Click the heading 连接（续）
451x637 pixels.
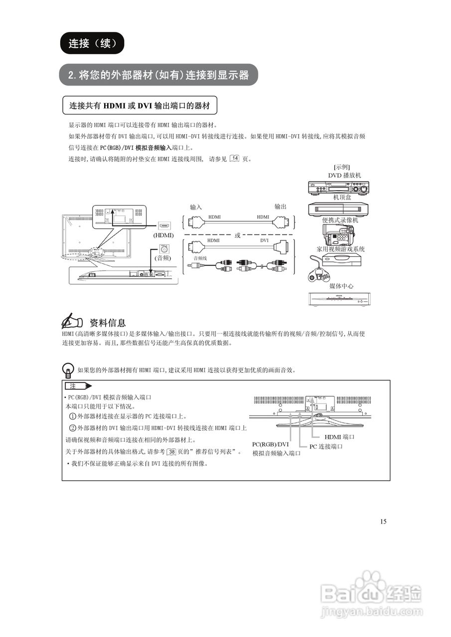tap(92, 43)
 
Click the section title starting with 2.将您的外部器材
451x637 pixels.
tap(158, 76)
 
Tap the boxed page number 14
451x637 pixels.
tap(235, 159)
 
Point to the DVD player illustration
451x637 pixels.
tap(339, 188)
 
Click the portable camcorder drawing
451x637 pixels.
tap(338, 233)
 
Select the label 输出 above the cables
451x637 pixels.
tap(281, 207)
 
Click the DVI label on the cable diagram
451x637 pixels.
tap(265, 240)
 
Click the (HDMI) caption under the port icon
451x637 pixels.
tap(164, 235)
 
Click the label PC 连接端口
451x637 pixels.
tap(326, 446)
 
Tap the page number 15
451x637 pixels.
tap(383, 522)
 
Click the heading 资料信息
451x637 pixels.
tap(107, 322)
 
